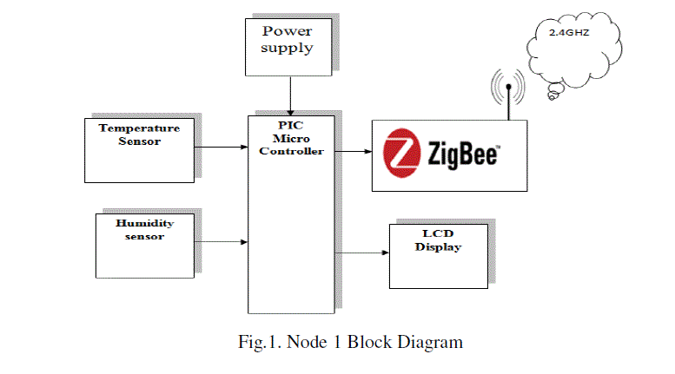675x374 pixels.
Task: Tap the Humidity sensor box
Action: pyautogui.click(x=144, y=246)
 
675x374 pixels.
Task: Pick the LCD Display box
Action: pyautogui.click(x=437, y=256)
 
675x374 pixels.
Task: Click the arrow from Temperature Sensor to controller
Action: pyautogui.click(x=221, y=147)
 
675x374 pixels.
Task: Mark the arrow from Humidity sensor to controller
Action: pyautogui.click(x=221, y=241)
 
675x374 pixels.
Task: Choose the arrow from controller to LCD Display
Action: pyautogui.click(x=361, y=253)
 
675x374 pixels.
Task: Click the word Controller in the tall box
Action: pyautogui.click(x=290, y=151)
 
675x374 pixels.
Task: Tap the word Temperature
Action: pyautogui.click(x=139, y=128)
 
